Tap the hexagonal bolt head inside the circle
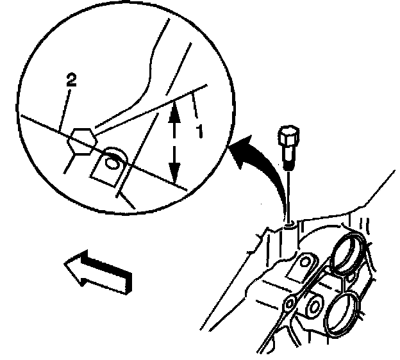click(x=81, y=139)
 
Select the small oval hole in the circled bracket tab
click(x=112, y=163)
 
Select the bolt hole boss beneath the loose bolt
click(x=288, y=224)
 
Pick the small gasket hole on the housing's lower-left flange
click(x=290, y=302)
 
